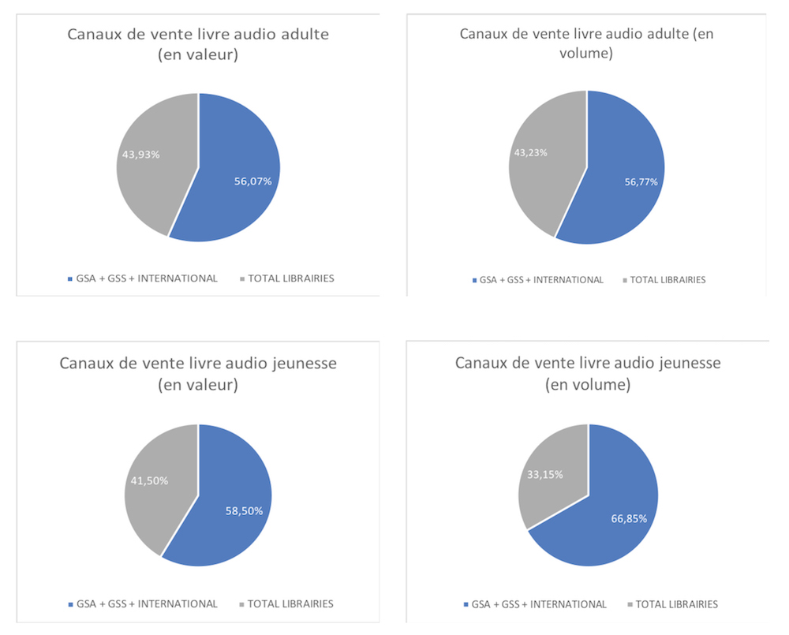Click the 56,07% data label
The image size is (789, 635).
tap(252, 181)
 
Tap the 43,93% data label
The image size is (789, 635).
tap(140, 155)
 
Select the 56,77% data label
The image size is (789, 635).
tap(638, 181)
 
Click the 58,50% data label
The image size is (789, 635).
tap(243, 510)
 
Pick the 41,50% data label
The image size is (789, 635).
tap(148, 480)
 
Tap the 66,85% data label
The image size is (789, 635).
tap(632, 518)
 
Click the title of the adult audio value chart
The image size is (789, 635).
tap(198, 44)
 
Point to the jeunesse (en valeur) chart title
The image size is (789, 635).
tap(198, 374)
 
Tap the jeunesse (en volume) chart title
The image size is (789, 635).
tap(588, 373)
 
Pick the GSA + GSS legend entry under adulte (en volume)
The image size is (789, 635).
tap(537, 279)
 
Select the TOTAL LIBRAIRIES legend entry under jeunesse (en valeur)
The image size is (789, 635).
tap(286, 604)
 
